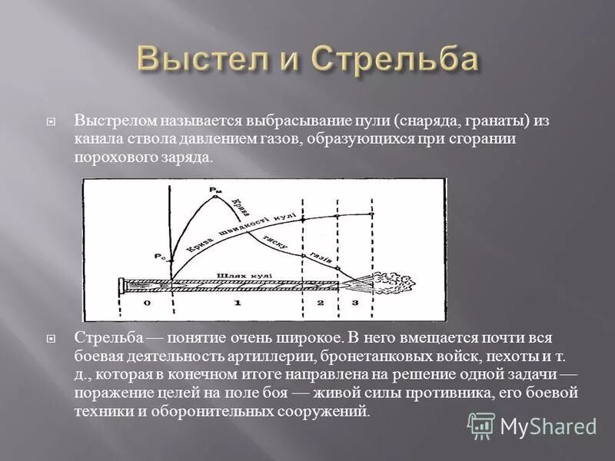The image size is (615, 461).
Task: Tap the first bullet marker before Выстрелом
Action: tap(51, 122)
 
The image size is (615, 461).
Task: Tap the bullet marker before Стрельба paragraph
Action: tap(51, 338)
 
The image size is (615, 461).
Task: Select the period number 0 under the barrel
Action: tap(146, 304)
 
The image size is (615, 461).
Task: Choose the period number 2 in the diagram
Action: tap(321, 304)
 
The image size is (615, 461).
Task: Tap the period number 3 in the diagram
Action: tap(354, 304)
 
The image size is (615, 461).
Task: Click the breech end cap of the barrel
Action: tap(122, 286)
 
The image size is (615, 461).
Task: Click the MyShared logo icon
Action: tap(481, 425)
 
